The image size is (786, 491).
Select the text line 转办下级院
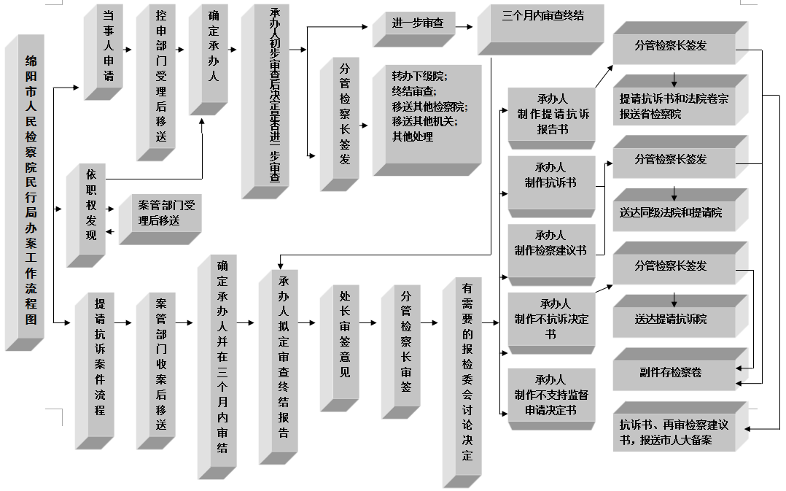click(419, 76)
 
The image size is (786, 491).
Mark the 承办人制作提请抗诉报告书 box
click(552, 114)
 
